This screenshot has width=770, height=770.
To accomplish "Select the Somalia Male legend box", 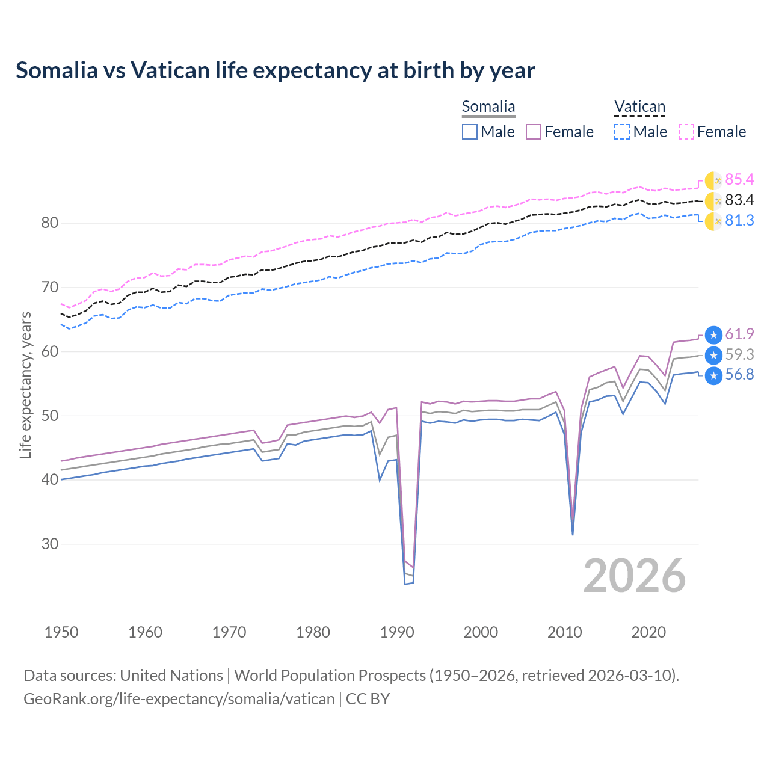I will click(470, 132).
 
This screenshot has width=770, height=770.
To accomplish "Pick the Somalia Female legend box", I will click(534, 132).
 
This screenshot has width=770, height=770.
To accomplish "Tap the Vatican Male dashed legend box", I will click(622, 132).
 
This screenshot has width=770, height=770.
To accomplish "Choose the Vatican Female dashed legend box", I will click(686, 132).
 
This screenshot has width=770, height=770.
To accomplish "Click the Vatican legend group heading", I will click(639, 107).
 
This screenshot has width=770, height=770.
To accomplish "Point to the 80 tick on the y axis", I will click(49, 223).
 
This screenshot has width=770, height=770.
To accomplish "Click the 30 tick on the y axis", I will click(49, 544).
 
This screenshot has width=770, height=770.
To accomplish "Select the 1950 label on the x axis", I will click(61, 632).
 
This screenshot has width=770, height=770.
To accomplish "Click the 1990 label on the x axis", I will click(397, 632).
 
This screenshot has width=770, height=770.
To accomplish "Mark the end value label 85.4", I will click(739, 180).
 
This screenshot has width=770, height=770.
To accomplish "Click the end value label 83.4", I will click(739, 200).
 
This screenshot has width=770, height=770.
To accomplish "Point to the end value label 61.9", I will click(739, 334).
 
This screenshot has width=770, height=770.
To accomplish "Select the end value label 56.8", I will click(739, 375).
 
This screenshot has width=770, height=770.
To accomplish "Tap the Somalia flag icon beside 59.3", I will click(713, 355).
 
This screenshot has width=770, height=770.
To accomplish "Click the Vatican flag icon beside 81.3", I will click(713, 221).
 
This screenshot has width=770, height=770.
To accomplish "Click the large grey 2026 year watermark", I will click(635, 576).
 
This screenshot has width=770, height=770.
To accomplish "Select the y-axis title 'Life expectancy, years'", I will click(25, 385).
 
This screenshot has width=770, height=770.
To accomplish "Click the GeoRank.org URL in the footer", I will click(179, 699).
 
